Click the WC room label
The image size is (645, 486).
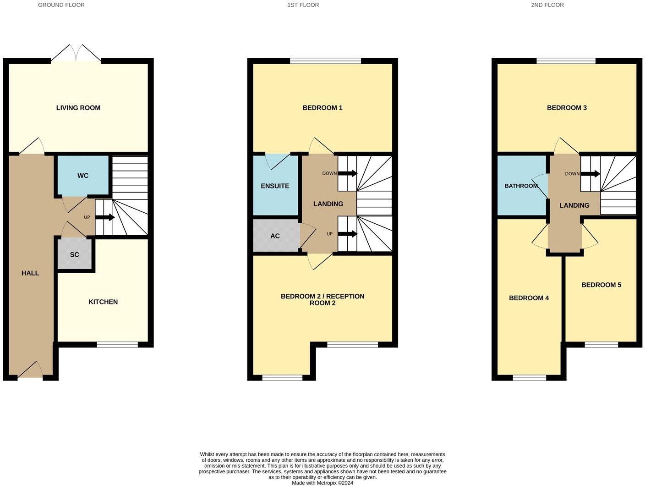coord(83,176)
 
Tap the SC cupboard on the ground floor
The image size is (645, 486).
coord(75,254)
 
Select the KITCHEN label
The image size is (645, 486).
coord(103,302)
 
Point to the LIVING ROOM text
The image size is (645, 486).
coord(78,108)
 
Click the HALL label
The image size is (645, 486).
coord(30,273)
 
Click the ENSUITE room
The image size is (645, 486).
coord(275,186)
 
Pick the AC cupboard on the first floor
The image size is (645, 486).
coord(275,236)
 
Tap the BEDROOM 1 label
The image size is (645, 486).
coord(322,108)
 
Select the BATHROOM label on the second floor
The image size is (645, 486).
coord(521,186)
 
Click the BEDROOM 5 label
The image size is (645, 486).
coord(601,285)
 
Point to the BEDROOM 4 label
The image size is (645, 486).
coord(529,298)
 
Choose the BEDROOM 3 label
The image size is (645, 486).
coord(567,108)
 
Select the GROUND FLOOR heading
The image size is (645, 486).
coord(61,5)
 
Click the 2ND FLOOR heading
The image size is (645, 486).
coord(547,5)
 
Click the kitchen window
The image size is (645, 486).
coord(117,344)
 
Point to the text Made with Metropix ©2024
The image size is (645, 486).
coord(322,483)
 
